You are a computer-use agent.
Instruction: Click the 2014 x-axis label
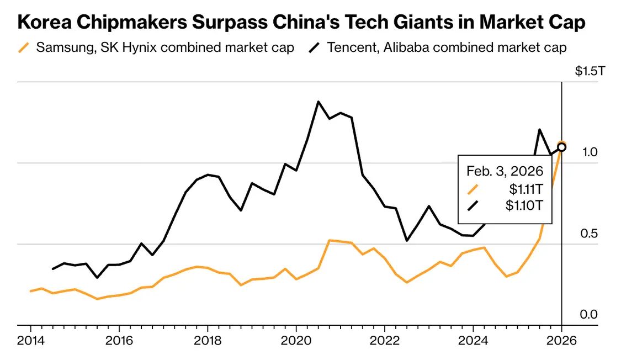[x=30, y=340]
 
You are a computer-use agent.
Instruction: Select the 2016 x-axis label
[x=119, y=340]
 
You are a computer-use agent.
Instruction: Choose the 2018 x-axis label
[x=208, y=340]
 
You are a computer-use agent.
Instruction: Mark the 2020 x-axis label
[x=296, y=340]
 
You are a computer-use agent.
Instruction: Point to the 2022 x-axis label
[x=385, y=340]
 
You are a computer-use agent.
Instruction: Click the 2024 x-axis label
[x=474, y=340]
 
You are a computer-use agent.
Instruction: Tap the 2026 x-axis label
[x=562, y=340]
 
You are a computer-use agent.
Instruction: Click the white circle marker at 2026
[x=562, y=147]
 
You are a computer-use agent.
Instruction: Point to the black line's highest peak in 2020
[x=319, y=102]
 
